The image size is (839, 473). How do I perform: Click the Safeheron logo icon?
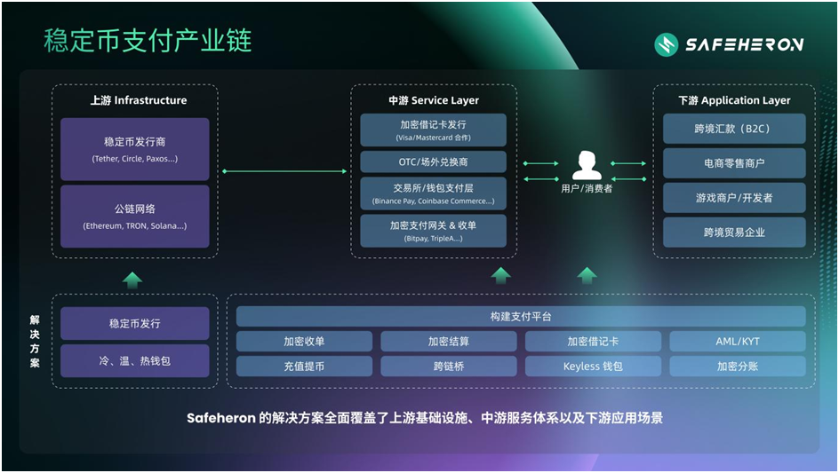[666, 44]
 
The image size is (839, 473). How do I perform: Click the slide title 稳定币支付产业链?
[148, 40]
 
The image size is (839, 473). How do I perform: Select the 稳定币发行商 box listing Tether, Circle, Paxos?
[135, 149]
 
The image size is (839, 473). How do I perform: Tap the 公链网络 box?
[135, 217]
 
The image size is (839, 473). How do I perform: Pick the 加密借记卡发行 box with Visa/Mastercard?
[433, 130]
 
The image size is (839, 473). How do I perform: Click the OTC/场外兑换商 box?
[433, 162]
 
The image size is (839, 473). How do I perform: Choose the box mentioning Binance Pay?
[433, 193]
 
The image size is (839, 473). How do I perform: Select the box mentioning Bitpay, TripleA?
[433, 231]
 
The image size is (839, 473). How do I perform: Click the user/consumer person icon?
[587, 165]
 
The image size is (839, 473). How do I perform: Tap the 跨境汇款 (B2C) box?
[734, 129]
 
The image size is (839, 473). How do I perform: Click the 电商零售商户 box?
[734, 163]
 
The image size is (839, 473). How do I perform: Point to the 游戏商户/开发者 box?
[734, 198]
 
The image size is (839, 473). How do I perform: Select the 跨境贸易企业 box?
[734, 233]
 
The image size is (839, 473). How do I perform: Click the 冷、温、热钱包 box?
[135, 361]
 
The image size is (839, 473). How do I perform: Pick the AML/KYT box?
[738, 342]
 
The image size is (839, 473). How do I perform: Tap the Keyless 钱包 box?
[593, 366]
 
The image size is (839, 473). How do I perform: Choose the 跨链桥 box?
[449, 366]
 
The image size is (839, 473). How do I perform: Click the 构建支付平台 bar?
[521, 317]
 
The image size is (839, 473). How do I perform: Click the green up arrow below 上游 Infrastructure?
[132, 280]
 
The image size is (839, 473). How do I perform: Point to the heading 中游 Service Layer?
[433, 100]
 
